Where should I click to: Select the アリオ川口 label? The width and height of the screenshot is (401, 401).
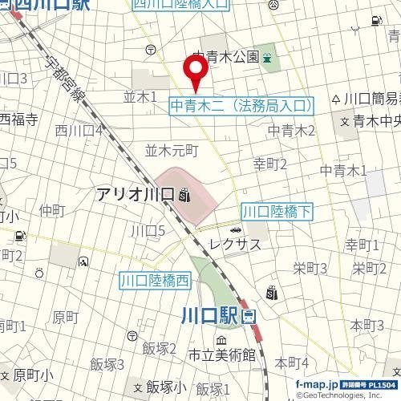[136, 193]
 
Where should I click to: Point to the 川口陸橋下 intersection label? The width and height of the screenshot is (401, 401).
[277, 212]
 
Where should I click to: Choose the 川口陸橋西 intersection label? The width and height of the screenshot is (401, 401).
[156, 281]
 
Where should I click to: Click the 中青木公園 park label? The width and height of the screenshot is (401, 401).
[226, 57]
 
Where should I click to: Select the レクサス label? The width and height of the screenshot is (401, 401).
[234, 244]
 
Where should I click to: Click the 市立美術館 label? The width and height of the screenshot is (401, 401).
[222, 354]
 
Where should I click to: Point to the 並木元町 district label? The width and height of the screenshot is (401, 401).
[171, 150]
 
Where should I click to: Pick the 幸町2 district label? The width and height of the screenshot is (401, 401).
[270, 164]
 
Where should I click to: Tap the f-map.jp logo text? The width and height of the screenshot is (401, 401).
[318, 385]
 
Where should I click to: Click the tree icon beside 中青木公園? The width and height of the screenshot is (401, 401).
[267, 57]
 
